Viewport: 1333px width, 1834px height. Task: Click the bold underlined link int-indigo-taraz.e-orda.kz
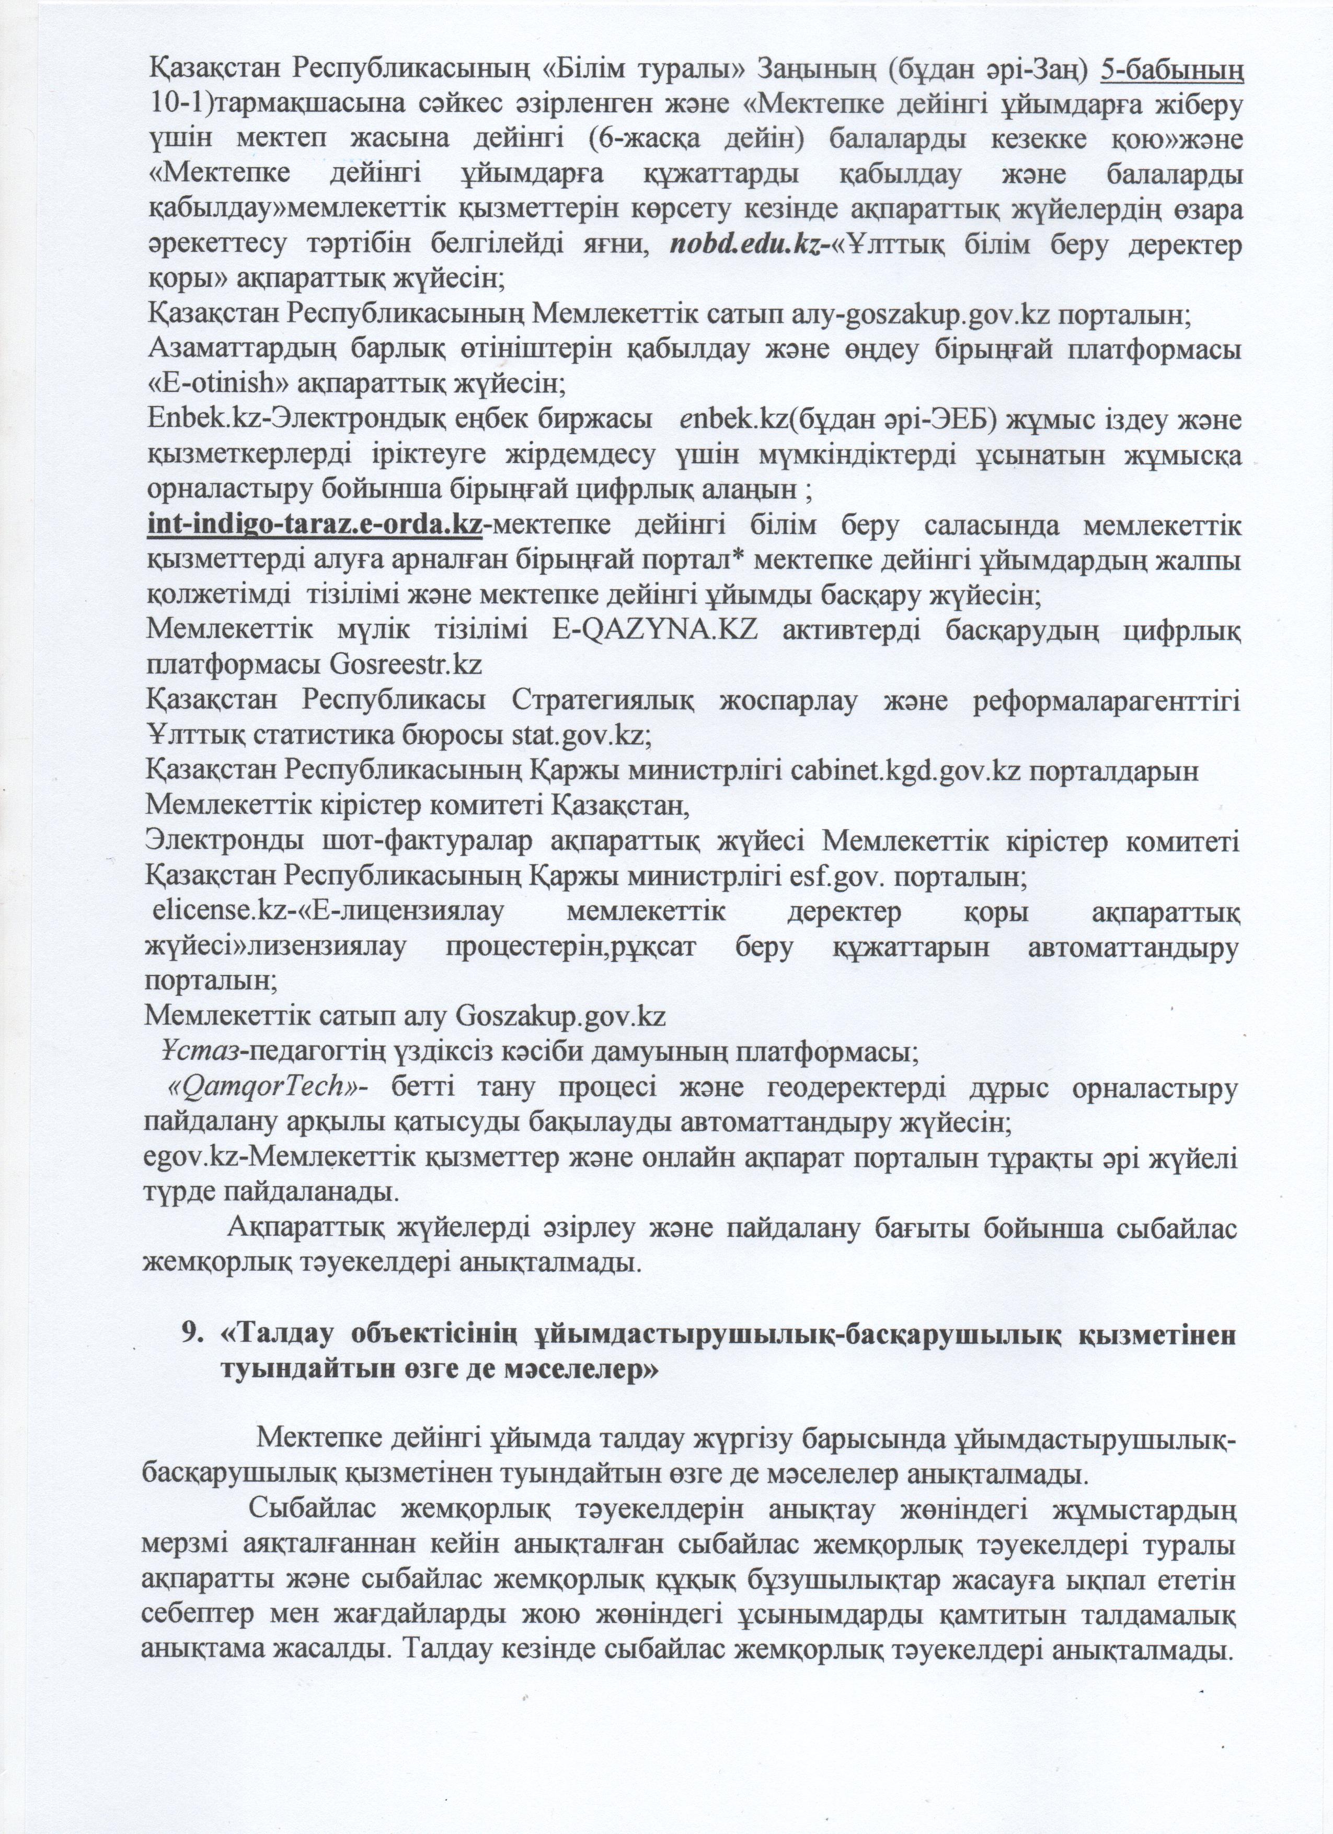(314, 526)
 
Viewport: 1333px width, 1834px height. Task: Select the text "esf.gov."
(841, 877)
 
